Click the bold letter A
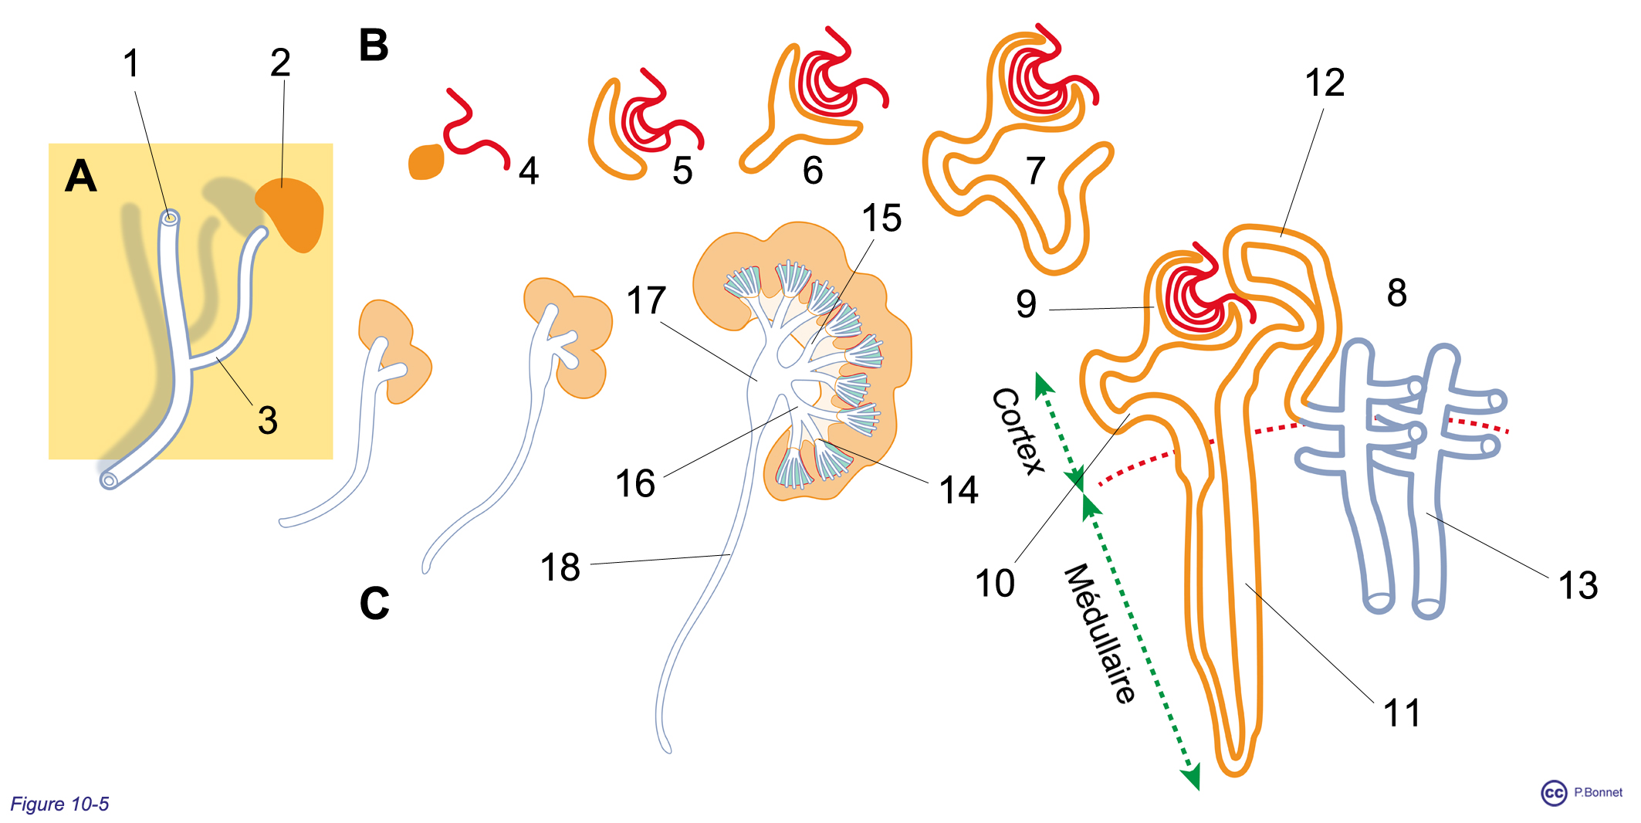click(81, 176)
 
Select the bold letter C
click(374, 603)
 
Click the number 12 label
click(1325, 83)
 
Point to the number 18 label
click(560, 567)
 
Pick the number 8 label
click(1397, 293)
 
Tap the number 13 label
click(1578, 585)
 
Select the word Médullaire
click(1100, 633)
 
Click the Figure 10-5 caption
click(59, 804)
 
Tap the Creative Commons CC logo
click(1554, 793)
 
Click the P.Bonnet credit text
click(1598, 792)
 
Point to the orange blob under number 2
click(291, 212)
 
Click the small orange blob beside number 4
click(426, 162)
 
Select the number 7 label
click(1035, 171)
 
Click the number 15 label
click(881, 218)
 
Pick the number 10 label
click(995, 584)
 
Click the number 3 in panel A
click(268, 421)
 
